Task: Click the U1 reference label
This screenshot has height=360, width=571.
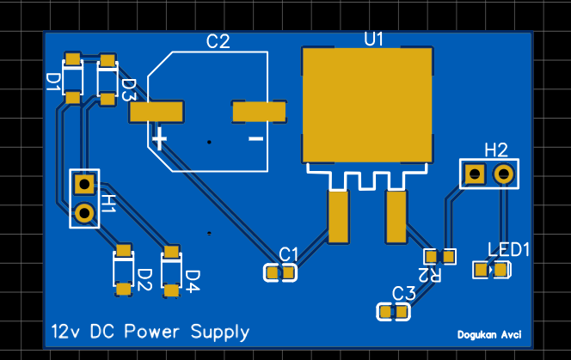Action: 374,39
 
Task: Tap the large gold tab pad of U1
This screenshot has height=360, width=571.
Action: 366,104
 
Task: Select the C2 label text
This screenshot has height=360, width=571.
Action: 218,41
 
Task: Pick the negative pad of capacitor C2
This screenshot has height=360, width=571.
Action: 259,111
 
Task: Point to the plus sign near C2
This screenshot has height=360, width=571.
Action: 159,137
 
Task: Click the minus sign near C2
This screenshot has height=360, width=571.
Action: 255,137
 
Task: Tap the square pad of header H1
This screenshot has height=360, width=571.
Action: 83,184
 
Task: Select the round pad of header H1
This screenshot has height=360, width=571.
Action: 83,212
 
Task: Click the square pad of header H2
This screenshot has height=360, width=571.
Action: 474,174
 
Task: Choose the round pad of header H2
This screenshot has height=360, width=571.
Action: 504,174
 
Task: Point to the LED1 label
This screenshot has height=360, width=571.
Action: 509,249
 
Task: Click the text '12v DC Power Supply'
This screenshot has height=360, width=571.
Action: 150,332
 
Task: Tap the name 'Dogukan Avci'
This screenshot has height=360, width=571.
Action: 489,335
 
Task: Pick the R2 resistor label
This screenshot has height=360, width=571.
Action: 423,274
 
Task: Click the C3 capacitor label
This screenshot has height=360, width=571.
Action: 403,294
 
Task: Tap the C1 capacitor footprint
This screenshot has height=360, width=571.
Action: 279,273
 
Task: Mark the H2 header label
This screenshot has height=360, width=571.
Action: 496,149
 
